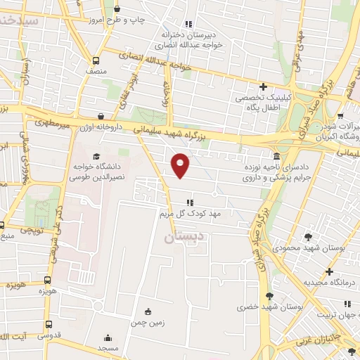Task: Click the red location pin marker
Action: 181,166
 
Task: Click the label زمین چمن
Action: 147,323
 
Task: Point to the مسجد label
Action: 108,348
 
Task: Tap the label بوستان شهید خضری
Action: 269,307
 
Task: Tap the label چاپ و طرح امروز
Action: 143,19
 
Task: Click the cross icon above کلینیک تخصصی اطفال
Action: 263,87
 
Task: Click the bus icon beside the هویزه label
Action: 47,280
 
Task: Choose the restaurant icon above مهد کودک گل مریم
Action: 188,203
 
